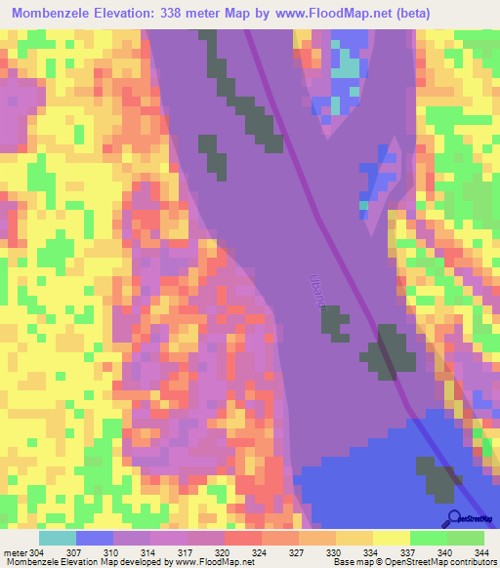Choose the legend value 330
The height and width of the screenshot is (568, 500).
(x=335, y=551)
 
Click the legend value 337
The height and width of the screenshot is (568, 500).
(x=407, y=551)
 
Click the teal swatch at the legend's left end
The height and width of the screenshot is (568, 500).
(x=58, y=538)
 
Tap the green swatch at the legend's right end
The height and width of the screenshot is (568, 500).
(x=466, y=538)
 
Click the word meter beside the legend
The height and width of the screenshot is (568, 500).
(x=15, y=551)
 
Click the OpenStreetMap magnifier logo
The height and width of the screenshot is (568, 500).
(x=453, y=517)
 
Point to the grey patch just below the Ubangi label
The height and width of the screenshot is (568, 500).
(x=335, y=322)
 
